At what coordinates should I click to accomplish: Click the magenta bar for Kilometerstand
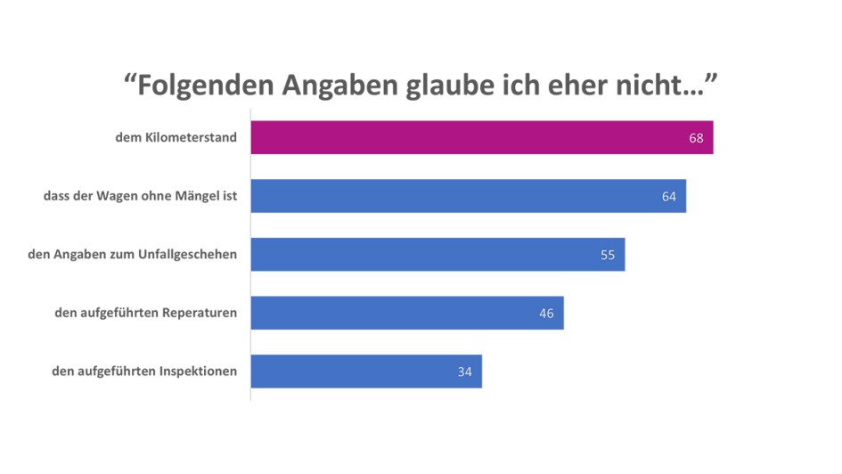pos(481,137)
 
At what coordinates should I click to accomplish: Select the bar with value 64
pos(468,196)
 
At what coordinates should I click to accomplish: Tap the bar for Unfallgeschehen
pos(437,254)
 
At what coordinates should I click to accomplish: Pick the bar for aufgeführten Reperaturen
pos(406,313)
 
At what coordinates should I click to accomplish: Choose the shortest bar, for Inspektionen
pos(365,372)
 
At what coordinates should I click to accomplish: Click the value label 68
pos(696,138)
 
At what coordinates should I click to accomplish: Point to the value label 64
pos(669,196)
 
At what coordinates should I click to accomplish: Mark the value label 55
pos(608,255)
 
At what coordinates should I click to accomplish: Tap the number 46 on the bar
pos(546,314)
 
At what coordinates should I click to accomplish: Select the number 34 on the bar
pos(464,372)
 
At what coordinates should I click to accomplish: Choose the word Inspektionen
pos(197,372)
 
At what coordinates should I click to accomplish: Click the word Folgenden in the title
pos(204,86)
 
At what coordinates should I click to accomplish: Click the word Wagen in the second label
pos(120,196)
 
